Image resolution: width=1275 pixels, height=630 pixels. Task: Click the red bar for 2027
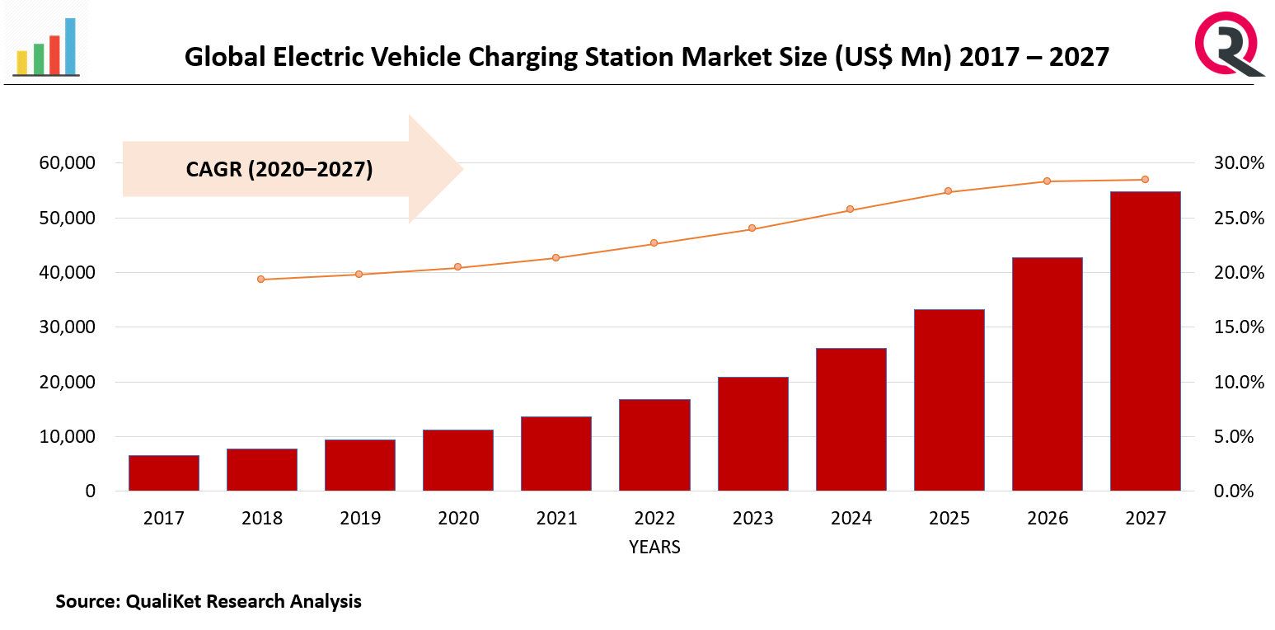1145,341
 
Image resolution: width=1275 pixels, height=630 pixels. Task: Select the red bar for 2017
163,473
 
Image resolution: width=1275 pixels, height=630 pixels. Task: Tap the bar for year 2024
851,420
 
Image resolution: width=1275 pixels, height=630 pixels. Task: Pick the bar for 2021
556,454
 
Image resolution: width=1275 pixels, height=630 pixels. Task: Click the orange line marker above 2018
261,280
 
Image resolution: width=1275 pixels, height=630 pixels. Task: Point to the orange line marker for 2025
948,191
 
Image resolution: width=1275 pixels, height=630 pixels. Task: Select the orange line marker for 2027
1145,180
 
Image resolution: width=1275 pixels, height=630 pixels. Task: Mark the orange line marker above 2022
654,243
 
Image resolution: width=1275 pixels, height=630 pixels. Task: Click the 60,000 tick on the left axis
67,163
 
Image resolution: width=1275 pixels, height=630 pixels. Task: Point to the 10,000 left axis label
67,437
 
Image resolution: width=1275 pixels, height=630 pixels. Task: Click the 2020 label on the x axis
458,519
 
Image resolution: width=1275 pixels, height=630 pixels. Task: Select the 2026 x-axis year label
1047,519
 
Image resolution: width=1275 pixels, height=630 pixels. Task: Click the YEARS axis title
654,547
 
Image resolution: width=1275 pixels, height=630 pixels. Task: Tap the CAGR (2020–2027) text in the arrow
279,170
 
